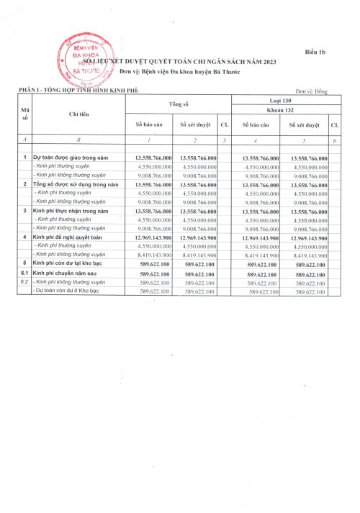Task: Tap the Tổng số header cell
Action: click(x=179, y=105)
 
